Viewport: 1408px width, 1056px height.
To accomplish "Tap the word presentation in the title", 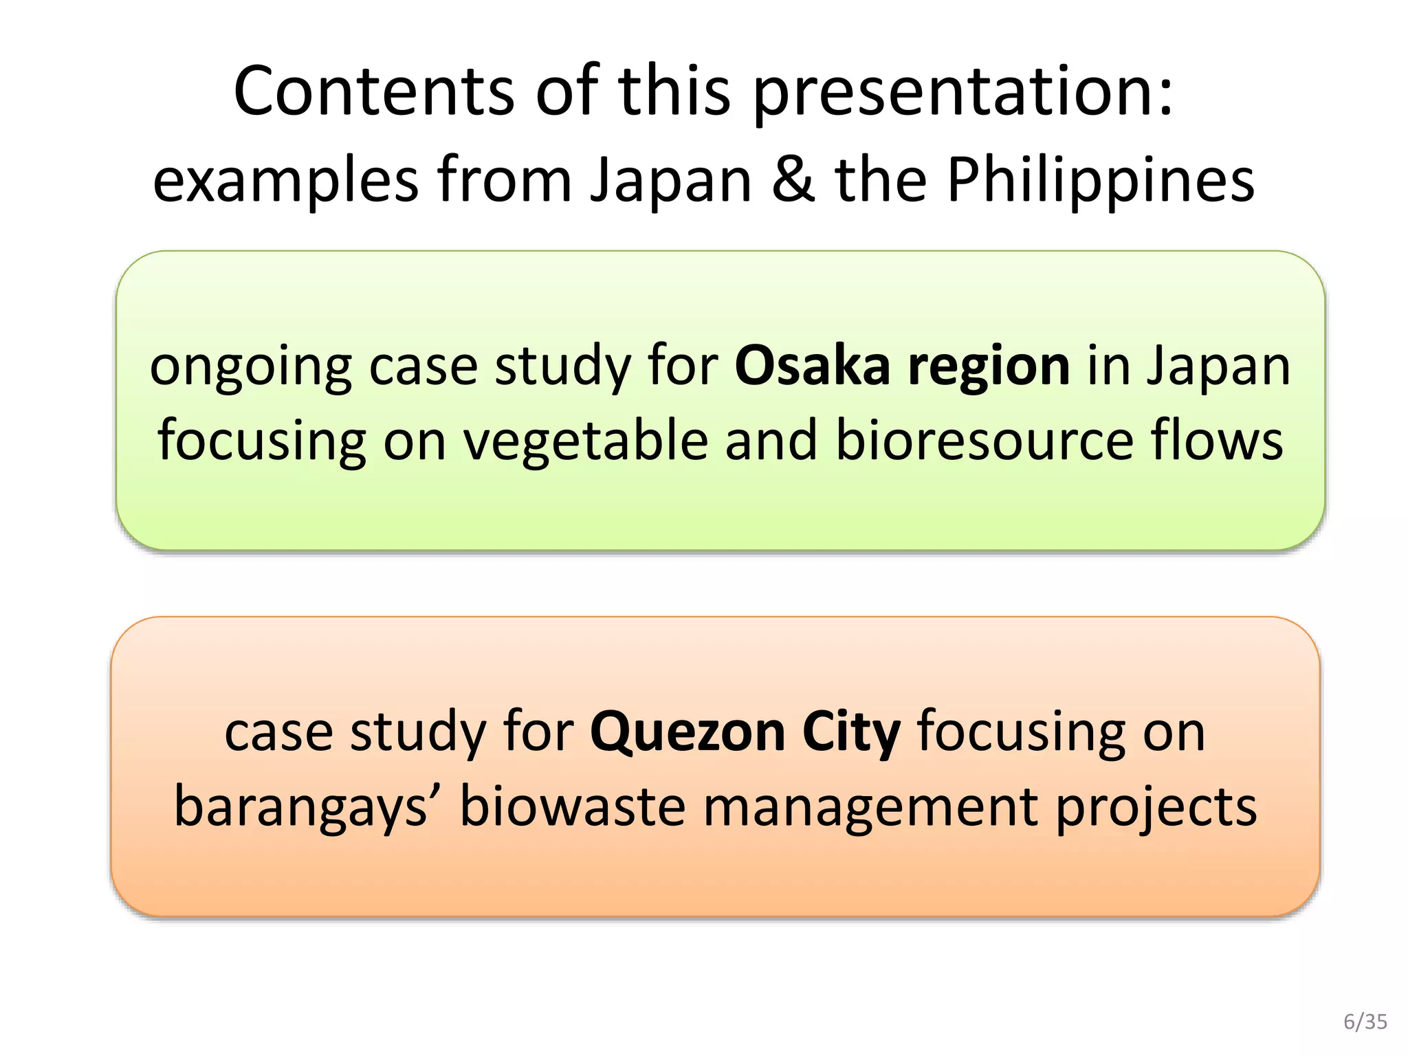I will click(x=962, y=93).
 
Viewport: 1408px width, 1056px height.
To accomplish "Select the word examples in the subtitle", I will click(x=285, y=180).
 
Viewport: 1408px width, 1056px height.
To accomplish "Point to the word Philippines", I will click(x=1101, y=180).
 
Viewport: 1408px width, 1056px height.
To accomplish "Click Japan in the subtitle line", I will click(x=671, y=180).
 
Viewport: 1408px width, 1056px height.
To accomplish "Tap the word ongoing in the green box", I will click(x=251, y=367).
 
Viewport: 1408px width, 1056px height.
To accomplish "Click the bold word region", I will click(x=989, y=367).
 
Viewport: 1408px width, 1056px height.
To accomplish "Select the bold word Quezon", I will click(x=687, y=733).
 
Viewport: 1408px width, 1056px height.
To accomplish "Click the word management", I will click(x=870, y=807).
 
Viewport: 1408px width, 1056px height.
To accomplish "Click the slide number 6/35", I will click(x=1365, y=1022).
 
